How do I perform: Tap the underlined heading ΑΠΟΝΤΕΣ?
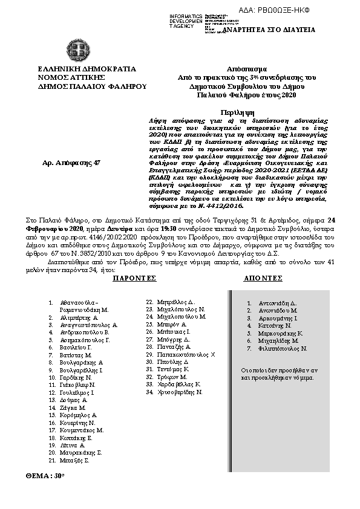click(x=263, y=278)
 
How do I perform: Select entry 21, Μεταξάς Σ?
click(x=75, y=460)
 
